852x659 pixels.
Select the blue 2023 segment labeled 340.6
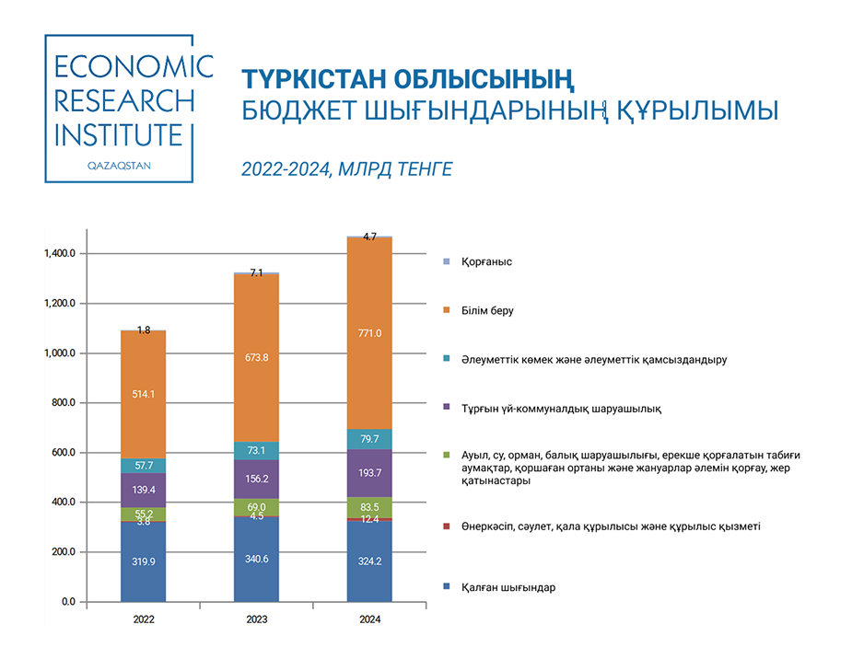256,559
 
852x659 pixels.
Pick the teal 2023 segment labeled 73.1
256,450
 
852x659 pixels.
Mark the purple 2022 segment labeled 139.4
144,491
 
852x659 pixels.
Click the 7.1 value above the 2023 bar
256,272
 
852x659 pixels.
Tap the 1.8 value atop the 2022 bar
144,329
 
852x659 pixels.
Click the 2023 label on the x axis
256,620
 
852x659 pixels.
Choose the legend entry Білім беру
487,311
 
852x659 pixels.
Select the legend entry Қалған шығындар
508,587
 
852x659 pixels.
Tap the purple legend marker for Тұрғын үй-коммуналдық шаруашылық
447,408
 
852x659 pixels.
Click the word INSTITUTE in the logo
119,135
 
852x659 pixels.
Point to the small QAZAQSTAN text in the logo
118,165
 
